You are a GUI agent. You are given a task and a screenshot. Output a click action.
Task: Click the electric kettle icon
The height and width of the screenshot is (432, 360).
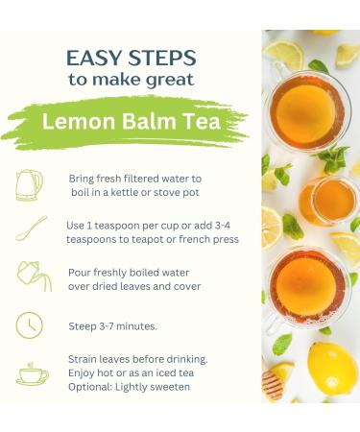[x=30, y=184]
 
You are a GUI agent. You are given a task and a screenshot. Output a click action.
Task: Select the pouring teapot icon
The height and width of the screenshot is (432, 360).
[x=31, y=276]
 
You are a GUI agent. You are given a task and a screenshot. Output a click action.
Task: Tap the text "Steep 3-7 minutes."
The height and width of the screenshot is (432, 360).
[x=111, y=325]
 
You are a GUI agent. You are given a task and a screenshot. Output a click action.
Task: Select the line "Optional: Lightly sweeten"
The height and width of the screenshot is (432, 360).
[x=129, y=386]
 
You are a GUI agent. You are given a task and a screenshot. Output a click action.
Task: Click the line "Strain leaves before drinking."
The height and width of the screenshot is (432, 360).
[x=138, y=359]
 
